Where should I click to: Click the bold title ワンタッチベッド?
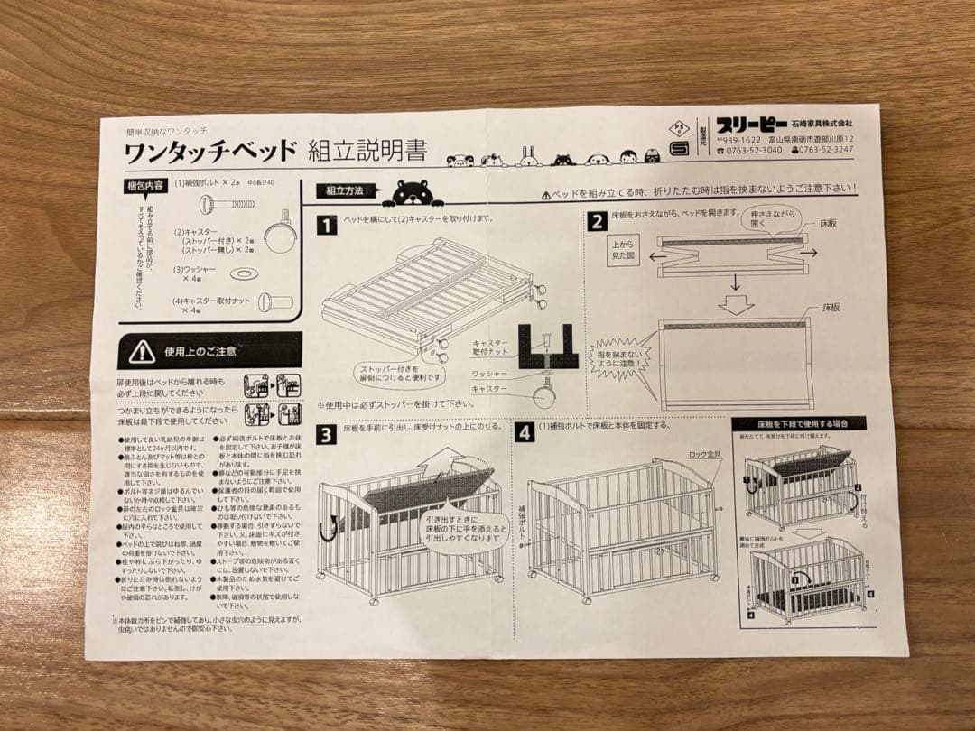tap(209, 151)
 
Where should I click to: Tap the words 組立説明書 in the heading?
tap(367, 150)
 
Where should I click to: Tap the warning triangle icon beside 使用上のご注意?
tap(142, 350)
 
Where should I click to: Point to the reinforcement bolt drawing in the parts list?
tap(228, 203)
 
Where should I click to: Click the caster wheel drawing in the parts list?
tap(279, 235)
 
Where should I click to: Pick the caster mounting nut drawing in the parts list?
tap(274, 302)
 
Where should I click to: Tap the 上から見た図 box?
tap(625, 250)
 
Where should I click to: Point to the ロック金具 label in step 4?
tap(704, 454)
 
